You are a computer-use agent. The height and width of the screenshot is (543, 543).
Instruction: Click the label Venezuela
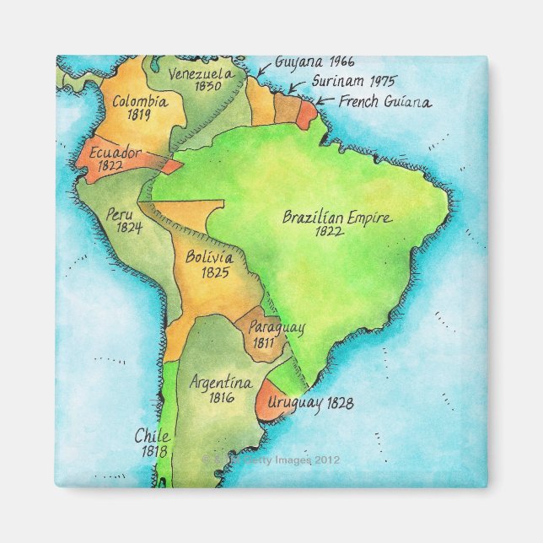click(196, 73)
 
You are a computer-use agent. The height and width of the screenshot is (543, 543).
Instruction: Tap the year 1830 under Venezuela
click(206, 86)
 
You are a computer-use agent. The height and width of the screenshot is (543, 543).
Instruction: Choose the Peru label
click(121, 214)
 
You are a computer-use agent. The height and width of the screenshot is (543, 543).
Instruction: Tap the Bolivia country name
click(210, 257)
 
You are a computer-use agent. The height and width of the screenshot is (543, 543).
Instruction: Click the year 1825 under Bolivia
click(216, 272)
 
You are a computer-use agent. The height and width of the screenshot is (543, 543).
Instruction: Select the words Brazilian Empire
click(336, 217)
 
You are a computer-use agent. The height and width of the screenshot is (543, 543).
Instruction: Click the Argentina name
click(221, 383)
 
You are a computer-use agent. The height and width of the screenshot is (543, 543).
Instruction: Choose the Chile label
click(153, 437)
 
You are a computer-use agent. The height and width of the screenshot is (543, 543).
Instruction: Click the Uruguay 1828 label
click(310, 404)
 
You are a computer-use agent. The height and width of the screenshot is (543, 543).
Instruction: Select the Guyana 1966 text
click(303, 62)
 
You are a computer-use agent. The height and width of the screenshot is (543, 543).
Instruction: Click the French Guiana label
click(385, 102)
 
